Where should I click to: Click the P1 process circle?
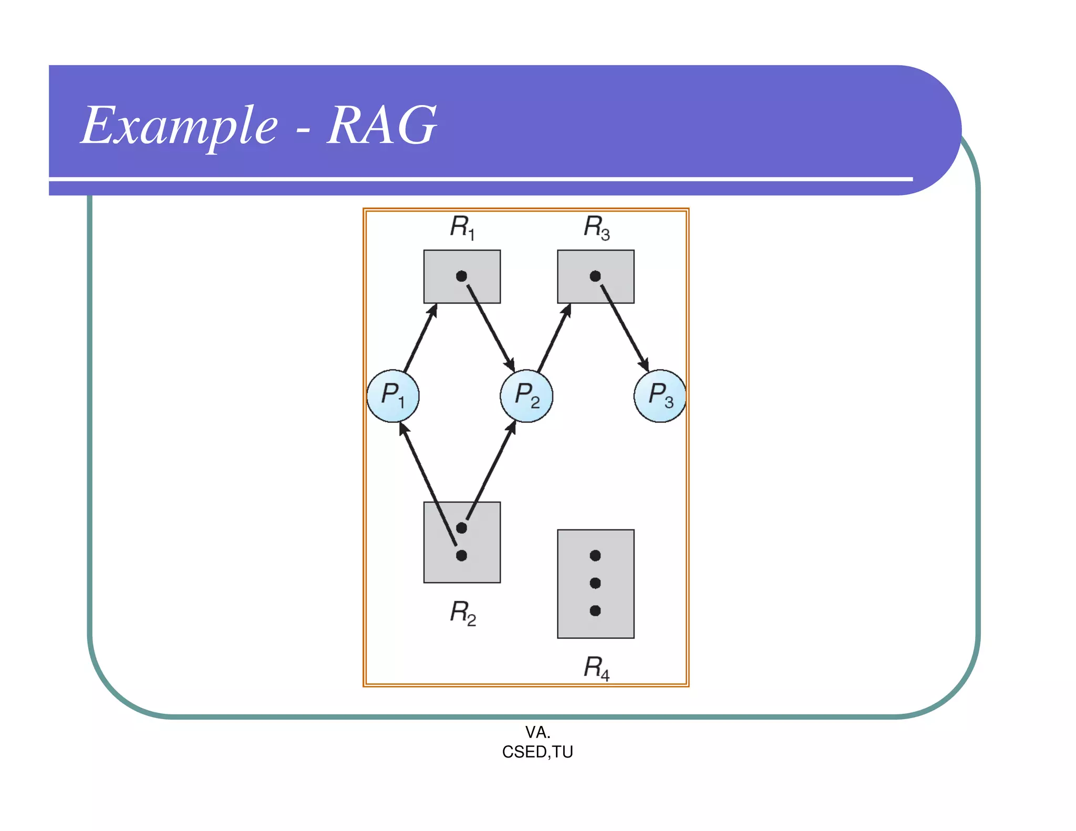tap(393, 396)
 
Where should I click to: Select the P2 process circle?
tap(526, 396)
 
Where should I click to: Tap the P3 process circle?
tap(660, 396)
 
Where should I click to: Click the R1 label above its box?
tap(462, 227)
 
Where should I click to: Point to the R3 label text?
tap(596, 227)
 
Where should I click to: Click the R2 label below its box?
tap(462, 612)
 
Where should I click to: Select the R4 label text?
tap(596, 668)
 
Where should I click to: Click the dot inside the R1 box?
tap(461, 276)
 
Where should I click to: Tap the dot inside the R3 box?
tap(595, 276)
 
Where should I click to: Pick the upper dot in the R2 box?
tap(461, 528)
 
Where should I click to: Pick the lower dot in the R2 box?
tap(461, 556)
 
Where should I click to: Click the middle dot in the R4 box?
tap(595, 583)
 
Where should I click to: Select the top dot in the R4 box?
tap(595, 556)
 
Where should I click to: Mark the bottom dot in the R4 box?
tap(595, 610)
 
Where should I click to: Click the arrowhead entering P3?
tap(644, 365)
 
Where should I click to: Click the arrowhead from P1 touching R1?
tap(433, 310)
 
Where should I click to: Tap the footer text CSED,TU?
tap(537, 752)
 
